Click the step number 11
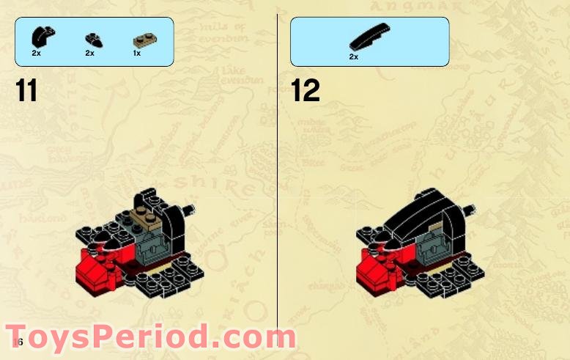(26, 91)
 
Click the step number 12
(306, 91)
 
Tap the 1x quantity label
(136, 53)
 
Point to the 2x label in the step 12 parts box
(353, 56)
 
